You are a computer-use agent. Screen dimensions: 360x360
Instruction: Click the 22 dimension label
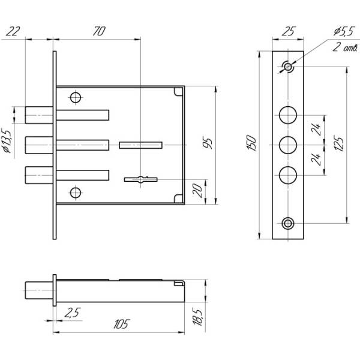pos(13,31)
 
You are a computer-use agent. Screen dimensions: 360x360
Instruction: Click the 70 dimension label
pos(97,31)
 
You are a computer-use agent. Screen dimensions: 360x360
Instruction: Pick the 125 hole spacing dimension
pos(340,144)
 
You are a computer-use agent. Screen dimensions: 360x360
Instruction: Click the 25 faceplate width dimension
pos(289,31)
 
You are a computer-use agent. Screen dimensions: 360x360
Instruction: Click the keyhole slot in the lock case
pos(140,178)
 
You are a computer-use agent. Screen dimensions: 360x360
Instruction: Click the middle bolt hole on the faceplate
pos(289,144)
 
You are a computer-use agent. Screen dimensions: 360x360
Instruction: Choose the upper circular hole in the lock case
pos(75,97)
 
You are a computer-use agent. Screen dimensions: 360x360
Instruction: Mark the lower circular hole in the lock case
pos(75,192)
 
